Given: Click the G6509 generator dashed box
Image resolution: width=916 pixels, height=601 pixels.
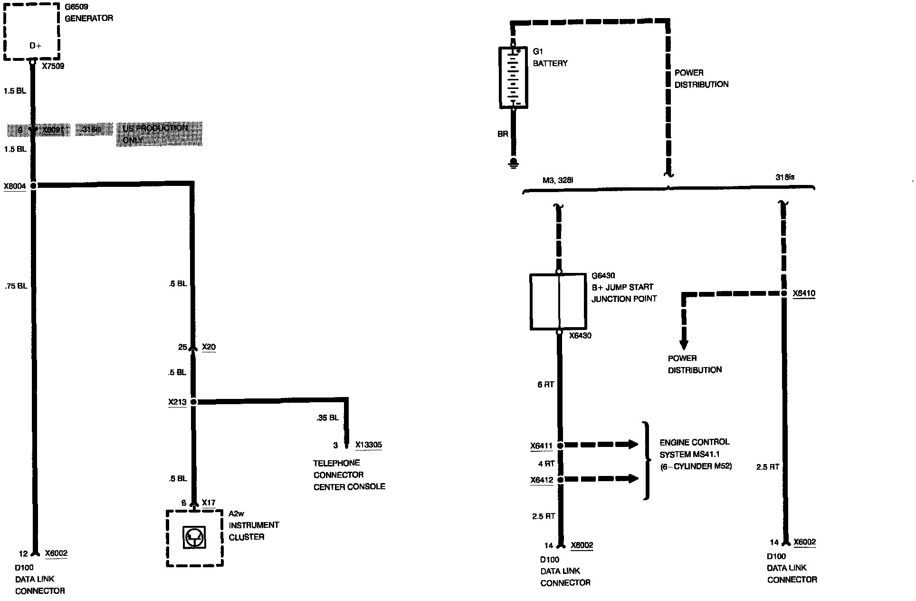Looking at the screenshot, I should pos(32,32).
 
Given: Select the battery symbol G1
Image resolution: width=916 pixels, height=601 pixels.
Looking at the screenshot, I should pos(513,78).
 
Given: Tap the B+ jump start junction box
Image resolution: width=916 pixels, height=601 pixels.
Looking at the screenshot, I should pos(558,301).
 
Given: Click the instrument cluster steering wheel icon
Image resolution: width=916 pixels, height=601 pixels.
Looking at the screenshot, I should pos(194,538).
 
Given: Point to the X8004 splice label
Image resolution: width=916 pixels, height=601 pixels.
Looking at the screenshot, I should pos(15,186).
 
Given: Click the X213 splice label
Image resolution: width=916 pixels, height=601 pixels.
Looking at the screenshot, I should pos(177,402).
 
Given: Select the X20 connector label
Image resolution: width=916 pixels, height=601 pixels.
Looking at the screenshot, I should pos(209,347).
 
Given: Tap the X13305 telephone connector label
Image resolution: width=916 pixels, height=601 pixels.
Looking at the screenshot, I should pos(369,445).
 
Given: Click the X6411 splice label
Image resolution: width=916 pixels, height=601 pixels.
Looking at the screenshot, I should pos(542,446).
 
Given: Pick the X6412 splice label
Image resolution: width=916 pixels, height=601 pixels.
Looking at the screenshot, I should pos(542,480).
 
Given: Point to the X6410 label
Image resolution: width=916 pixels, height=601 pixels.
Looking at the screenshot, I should pos(804,293).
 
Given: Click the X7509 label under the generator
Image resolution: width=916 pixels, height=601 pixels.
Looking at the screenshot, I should pos(53,67).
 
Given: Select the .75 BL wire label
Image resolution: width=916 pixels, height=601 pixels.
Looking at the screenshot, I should pos(16,286).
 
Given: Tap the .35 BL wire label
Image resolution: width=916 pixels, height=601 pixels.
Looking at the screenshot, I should pos(327,418).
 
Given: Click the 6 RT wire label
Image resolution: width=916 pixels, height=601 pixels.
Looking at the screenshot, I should pos(545,385).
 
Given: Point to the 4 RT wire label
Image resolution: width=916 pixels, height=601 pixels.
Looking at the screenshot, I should pos(546,464).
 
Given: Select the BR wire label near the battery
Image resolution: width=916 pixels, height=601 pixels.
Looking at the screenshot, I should pos(503,134).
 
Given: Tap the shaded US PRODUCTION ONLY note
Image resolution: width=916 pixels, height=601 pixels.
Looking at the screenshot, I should pos(159,134).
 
